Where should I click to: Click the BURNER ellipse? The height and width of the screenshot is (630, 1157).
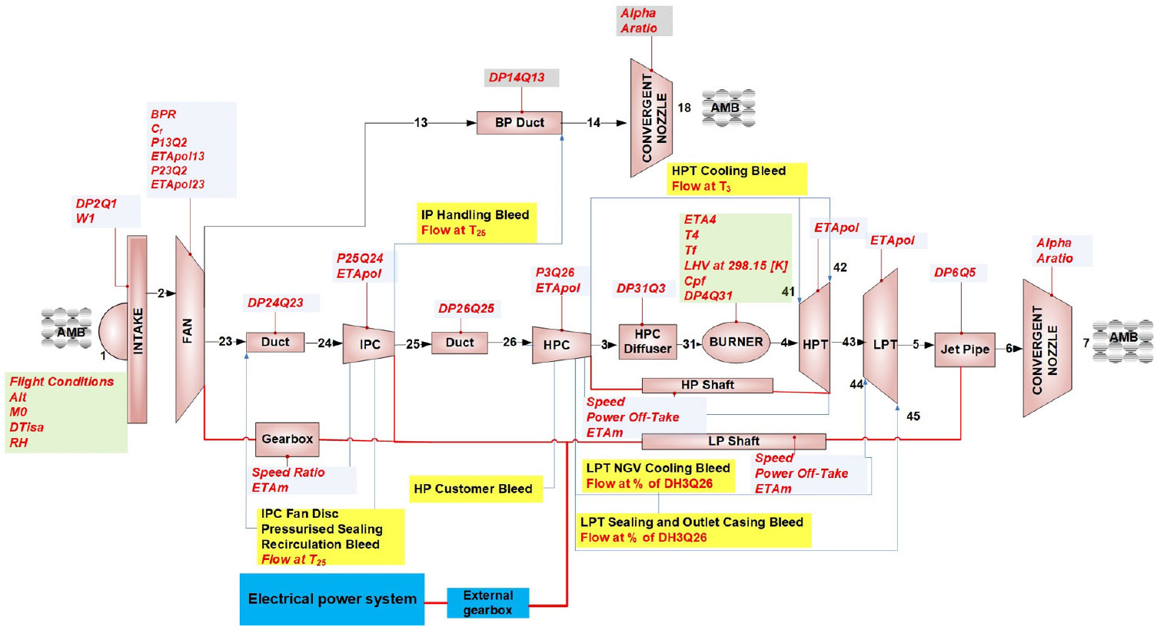pos(736,343)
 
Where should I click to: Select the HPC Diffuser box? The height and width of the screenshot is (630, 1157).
pos(647,342)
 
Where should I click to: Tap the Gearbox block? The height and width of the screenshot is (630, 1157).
pos(287,439)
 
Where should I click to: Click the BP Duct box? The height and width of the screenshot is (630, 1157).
pos(519,123)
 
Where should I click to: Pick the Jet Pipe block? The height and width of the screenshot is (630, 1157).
pos(965,349)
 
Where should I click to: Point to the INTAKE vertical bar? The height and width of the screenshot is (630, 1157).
pos(138,330)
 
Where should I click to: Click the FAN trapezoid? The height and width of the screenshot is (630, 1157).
pos(189,330)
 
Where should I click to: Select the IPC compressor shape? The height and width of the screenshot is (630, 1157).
pos(369,344)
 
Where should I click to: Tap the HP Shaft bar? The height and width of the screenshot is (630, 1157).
pos(707,385)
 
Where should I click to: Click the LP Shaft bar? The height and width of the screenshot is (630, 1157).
pos(733,441)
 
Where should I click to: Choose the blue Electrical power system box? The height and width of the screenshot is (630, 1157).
pos(331,599)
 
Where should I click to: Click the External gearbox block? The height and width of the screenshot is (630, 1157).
pos(488,602)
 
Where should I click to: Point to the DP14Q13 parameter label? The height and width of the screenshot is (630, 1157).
pos(517,78)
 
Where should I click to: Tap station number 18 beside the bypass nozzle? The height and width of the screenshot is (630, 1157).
pos(684,108)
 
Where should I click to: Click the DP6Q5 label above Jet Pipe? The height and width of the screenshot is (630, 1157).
pos(955,273)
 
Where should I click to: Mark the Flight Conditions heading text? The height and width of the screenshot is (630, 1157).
pos(62,382)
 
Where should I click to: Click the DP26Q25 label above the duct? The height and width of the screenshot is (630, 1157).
pos(466,309)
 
